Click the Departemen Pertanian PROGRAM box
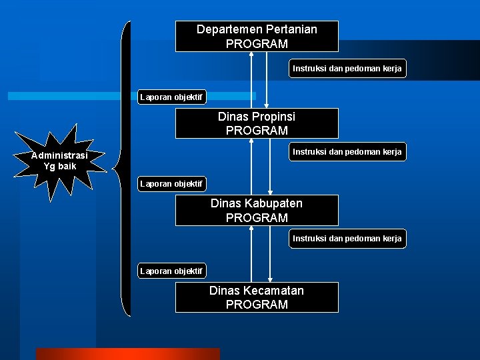click(x=257, y=36)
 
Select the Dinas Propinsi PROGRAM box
click(x=257, y=123)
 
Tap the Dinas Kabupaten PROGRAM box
click(x=257, y=210)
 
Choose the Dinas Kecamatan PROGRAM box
click(x=257, y=297)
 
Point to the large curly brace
click(x=124, y=167)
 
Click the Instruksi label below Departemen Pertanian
click(x=347, y=69)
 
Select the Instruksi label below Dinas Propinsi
click(x=347, y=152)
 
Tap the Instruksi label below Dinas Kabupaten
click(x=347, y=239)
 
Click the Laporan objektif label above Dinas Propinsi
click(x=171, y=97)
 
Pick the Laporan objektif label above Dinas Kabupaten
click(x=171, y=183)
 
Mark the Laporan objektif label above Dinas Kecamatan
click(x=171, y=271)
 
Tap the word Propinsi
click(x=269, y=117)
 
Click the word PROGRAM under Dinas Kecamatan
click(x=257, y=305)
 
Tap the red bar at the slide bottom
click(x=127, y=354)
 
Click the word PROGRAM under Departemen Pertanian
click(x=257, y=44)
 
